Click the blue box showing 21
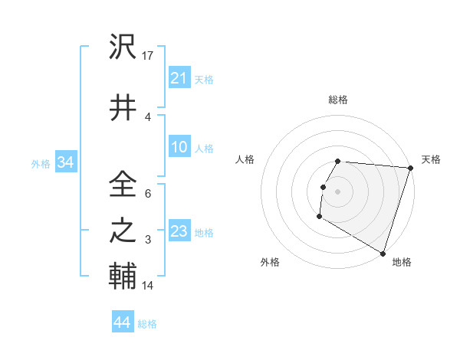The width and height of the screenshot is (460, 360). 179,77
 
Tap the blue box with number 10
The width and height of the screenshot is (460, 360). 179,147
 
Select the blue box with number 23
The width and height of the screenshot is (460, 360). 179,231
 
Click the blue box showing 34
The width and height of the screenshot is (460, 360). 65,162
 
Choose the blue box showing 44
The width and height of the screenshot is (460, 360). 122,322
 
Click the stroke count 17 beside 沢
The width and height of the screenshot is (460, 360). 148,56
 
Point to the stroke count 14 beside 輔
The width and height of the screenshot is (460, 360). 148,286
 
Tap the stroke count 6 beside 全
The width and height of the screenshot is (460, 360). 148,193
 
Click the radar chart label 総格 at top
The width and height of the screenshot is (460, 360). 337,100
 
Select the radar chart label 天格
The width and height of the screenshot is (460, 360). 431,159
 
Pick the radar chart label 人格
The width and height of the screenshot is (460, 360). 245,159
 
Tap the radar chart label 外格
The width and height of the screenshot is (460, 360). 270,262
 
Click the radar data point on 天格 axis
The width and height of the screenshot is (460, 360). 410,168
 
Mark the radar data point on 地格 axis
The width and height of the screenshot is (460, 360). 383,253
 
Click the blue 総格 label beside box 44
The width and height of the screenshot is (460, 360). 147,324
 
